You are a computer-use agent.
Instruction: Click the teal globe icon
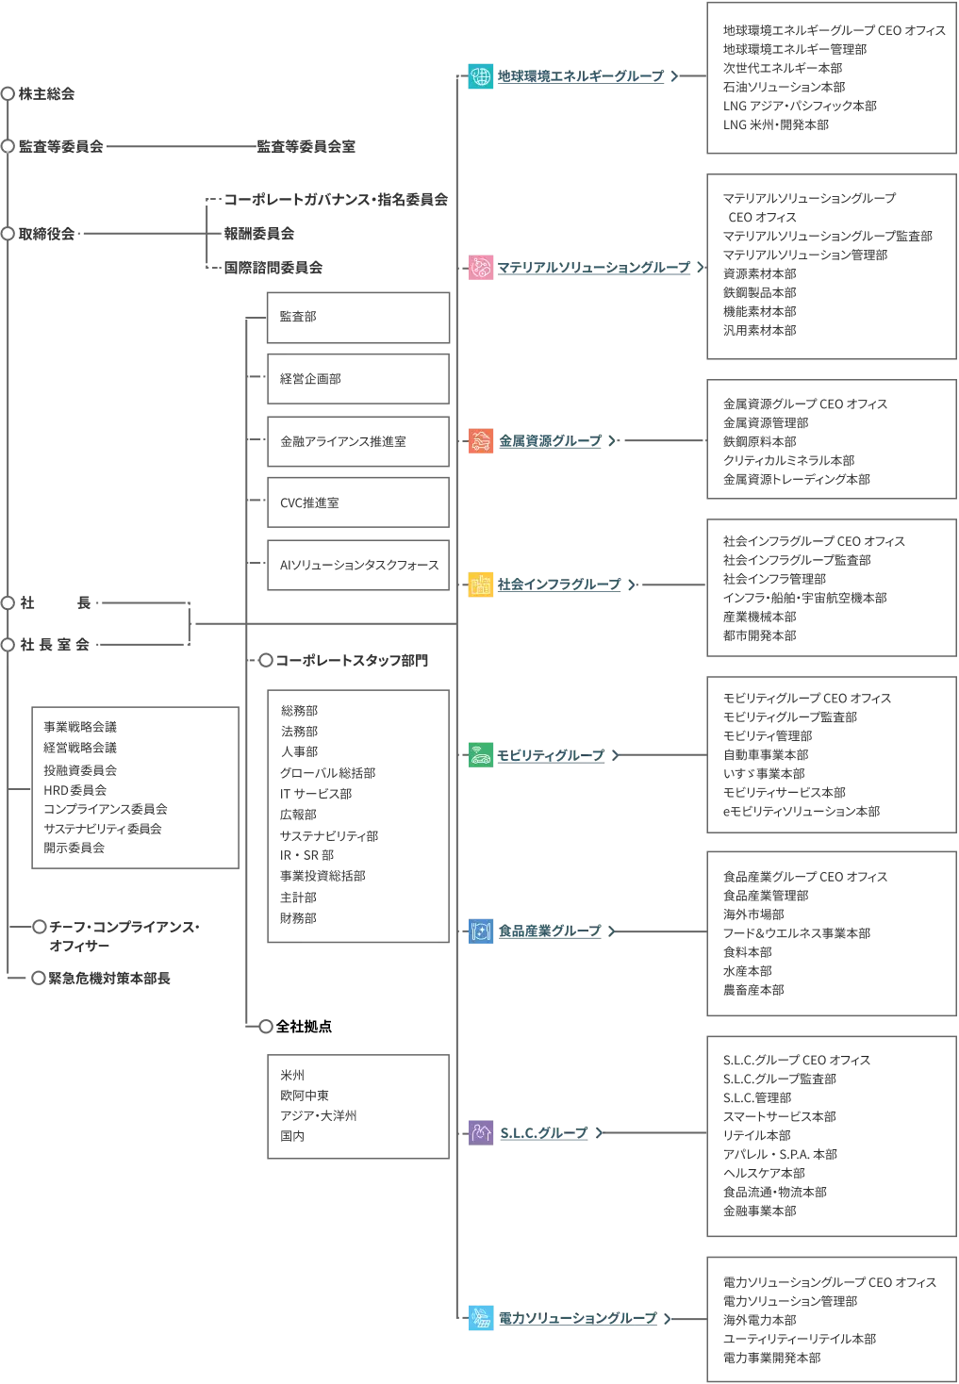[x=482, y=76]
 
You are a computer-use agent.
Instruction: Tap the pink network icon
[x=482, y=268]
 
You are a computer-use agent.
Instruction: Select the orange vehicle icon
[x=482, y=441]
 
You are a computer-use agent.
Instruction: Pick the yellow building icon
[x=482, y=585]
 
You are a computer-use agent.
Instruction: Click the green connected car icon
[x=482, y=755]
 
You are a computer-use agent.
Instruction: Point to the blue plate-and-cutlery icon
[x=482, y=932]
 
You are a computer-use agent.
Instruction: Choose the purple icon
[x=482, y=1131]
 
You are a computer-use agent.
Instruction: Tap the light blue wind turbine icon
[x=482, y=1319]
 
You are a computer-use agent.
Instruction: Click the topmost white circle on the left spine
[x=8, y=146]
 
